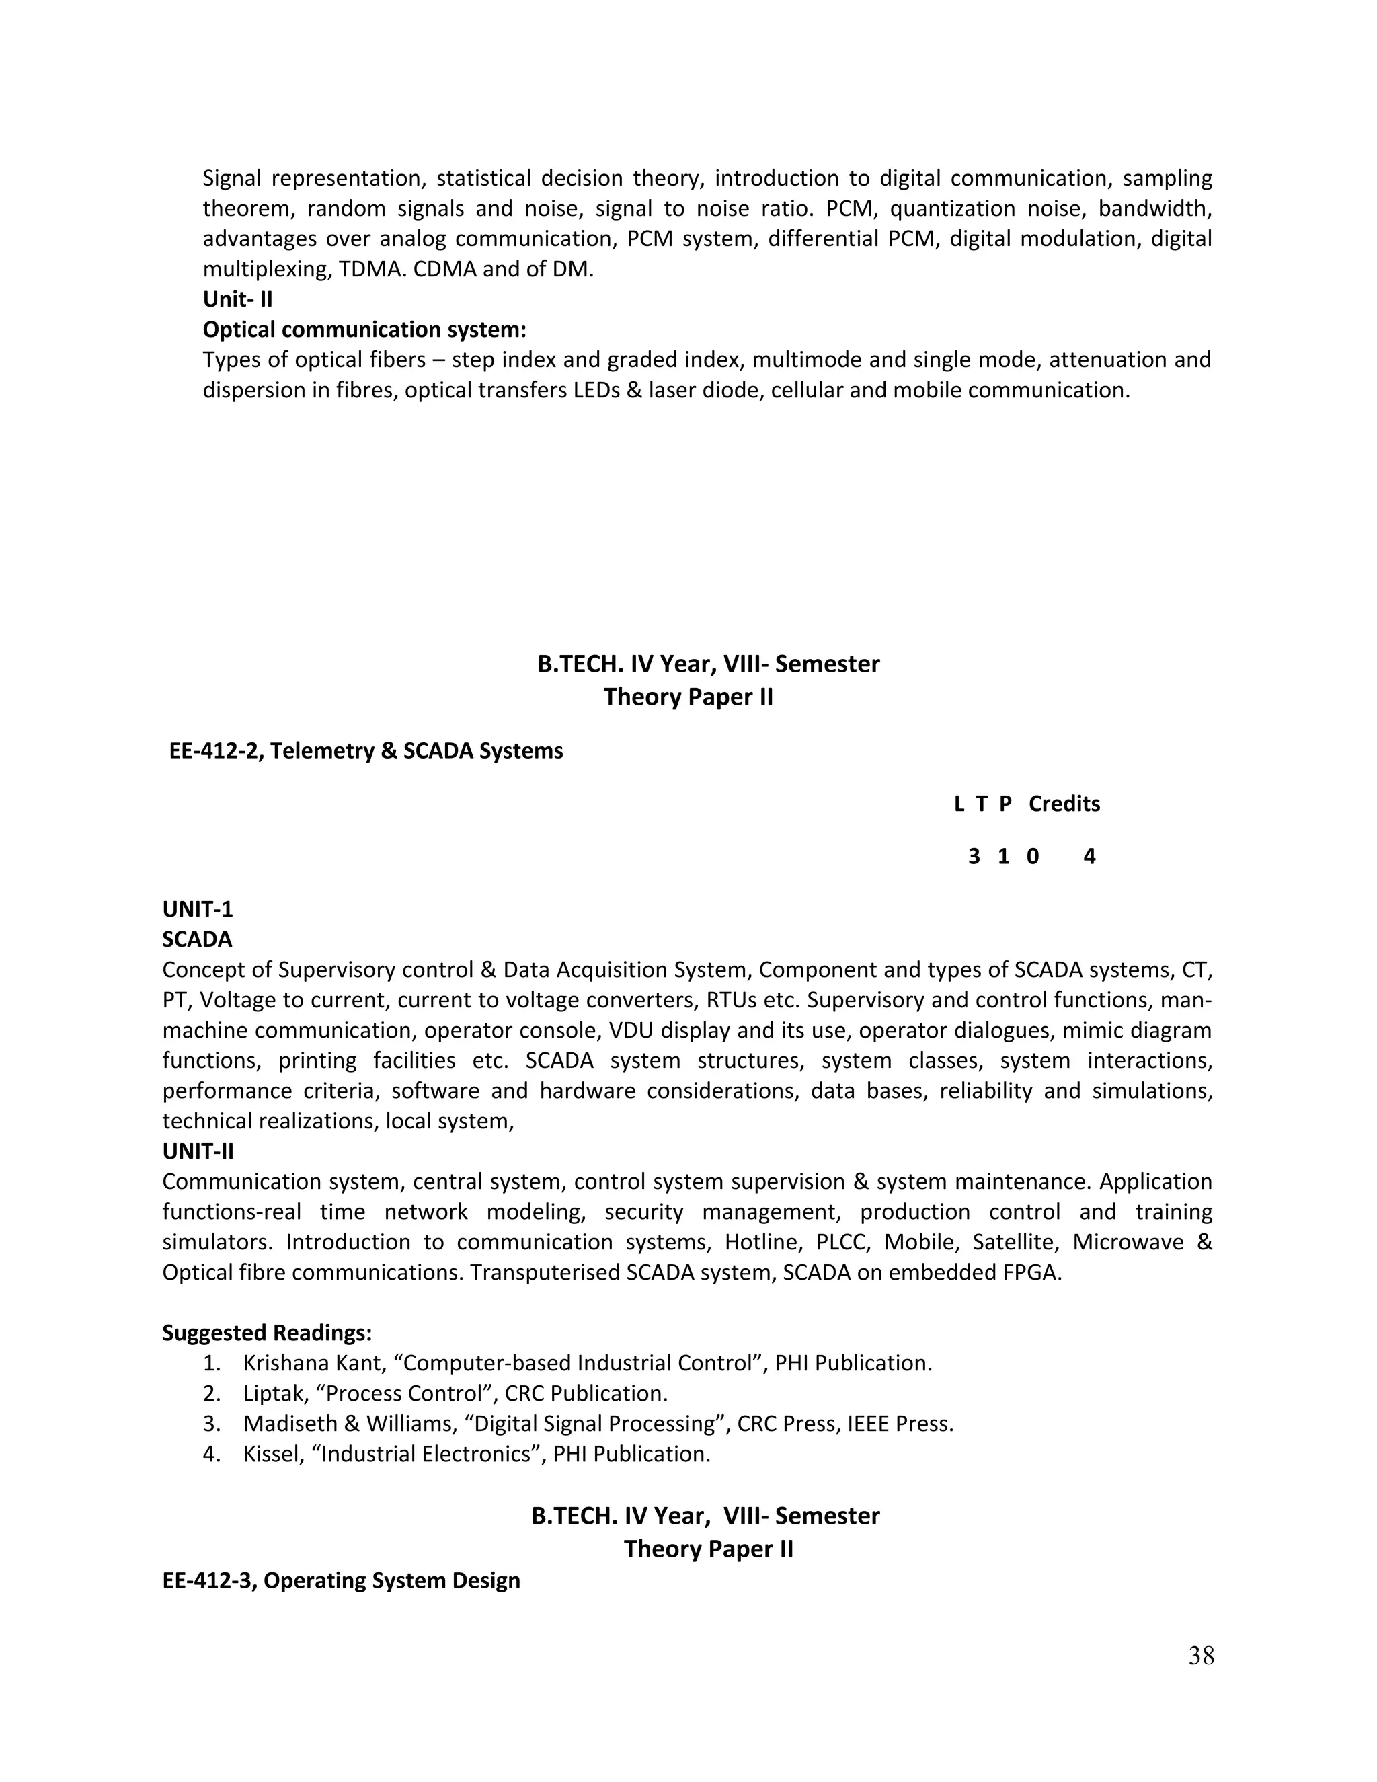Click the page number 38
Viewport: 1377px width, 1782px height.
click(1201, 1656)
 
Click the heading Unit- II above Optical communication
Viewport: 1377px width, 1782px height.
click(237, 299)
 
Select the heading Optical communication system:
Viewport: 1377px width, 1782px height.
click(364, 330)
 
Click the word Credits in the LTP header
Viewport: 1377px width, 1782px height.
click(1064, 804)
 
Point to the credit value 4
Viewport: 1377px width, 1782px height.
click(1089, 857)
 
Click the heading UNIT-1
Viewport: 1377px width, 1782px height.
click(198, 909)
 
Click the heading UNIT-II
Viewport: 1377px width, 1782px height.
click(198, 1151)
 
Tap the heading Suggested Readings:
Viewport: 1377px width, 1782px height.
click(267, 1332)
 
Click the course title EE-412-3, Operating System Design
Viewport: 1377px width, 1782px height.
click(341, 1580)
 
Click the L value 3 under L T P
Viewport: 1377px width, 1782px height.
click(973, 857)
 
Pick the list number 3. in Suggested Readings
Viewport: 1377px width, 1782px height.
click(211, 1423)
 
